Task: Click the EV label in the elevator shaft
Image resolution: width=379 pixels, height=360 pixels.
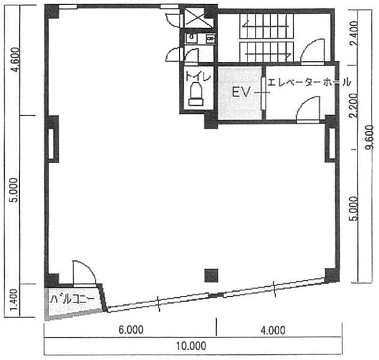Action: [241, 92]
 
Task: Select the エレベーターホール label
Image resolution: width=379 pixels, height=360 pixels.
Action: [309, 82]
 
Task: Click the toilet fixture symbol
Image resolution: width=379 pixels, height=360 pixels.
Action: [196, 94]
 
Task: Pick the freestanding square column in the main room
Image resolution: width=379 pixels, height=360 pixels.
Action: [211, 275]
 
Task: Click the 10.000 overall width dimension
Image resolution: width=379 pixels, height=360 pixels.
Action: [191, 346]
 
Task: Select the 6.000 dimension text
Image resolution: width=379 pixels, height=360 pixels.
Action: [131, 330]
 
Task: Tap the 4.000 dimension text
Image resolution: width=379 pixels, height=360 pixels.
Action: [273, 331]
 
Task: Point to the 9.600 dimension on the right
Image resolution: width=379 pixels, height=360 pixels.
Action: [370, 137]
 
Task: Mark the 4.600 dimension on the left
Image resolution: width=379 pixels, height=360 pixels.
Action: [16, 59]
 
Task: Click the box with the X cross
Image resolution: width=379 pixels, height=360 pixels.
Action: [199, 17]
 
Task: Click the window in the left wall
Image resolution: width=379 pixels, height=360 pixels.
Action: [51, 144]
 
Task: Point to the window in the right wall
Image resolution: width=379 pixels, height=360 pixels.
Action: [332, 143]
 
